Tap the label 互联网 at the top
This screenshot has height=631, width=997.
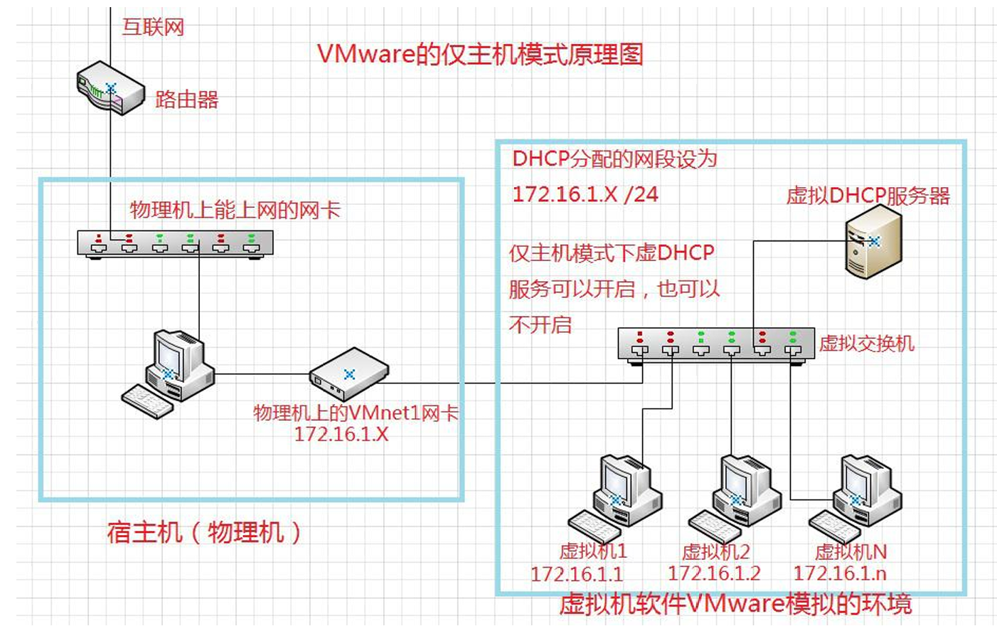[x=153, y=27]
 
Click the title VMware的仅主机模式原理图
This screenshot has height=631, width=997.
[x=480, y=54]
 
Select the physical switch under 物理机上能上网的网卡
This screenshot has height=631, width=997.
[x=175, y=244]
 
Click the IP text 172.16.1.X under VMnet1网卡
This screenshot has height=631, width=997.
[x=341, y=435]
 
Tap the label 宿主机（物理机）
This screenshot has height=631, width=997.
[x=204, y=532]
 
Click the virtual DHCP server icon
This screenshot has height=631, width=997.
[x=873, y=243]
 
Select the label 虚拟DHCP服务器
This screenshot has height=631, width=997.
[x=868, y=196]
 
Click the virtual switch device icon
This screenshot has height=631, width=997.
[x=716, y=345]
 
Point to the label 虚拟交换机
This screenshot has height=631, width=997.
[x=866, y=344]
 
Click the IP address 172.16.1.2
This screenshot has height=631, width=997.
[x=714, y=573]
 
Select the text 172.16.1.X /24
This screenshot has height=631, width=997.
[x=585, y=194]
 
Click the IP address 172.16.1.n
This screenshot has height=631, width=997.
[x=840, y=573]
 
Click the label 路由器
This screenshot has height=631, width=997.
[x=186, y=100]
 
